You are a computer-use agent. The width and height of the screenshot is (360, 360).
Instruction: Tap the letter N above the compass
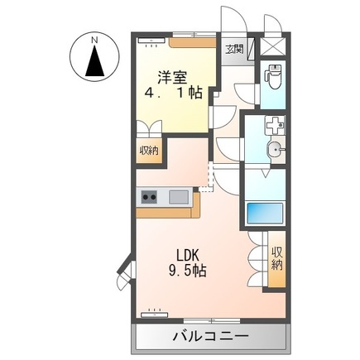(94, 39)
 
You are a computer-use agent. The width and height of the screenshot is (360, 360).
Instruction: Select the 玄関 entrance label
(234, 50)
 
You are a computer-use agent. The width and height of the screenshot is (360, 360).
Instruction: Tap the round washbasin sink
(275, 149)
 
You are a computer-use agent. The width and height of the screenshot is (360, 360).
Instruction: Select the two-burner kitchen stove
(150, 196)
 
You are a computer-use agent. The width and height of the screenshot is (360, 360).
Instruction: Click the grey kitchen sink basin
(179, 196)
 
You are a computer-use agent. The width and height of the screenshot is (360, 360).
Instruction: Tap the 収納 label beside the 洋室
(149, 151)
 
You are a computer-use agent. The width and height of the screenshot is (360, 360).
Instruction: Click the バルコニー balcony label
(210, 338)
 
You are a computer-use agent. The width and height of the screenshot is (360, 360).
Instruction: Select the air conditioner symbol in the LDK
(154, 314)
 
